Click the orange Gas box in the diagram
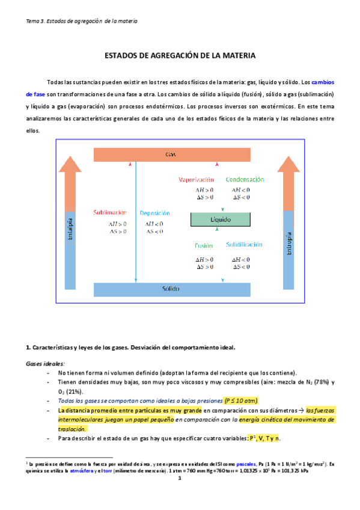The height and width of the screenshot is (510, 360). click(x=171, y=155)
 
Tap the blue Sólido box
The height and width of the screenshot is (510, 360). click(x=171, y=289)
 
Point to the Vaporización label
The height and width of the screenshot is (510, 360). click(x=197, y=180)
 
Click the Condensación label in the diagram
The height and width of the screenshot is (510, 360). click(x=245, y=180)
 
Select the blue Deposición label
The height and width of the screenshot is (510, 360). click(x=154, y=213)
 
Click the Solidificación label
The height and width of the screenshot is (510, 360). click(x=244, y=245)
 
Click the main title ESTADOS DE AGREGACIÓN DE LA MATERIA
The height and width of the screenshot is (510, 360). click(x=180, y=55)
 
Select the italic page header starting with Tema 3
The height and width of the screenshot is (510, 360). click(x=82, y=21)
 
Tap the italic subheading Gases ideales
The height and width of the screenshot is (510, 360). click(x=45, y=364)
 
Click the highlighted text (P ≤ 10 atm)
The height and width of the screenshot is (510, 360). click(x=241, y=400)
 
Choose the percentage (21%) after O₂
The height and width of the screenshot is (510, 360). click(x=75, y=391)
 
